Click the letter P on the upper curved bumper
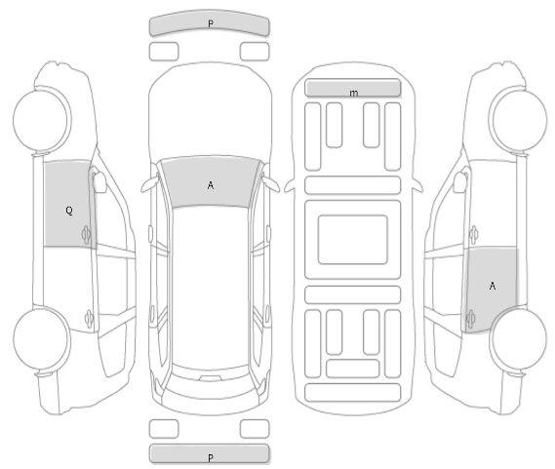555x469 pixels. pyautogui.click(x=211, y=23)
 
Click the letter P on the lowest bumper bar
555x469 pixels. pyautogui.click(x=211, y=458)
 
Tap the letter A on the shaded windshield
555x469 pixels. pyautogui.click(x=211, y=185)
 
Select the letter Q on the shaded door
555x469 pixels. pyautogui.click(x=69, y=211)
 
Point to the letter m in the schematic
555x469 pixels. pyautogui.click(x=354, y=93)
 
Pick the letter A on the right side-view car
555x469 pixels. pyautogui.click(x=492, y=286)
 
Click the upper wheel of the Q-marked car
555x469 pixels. pyautogui.click(x=42, y=120)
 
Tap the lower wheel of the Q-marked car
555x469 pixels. pyautogui.click(x=42, y=338)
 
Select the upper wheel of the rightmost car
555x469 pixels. pyautogui.click(x=518, y=120)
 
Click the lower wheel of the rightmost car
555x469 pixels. pyautogui.click(x=518, y=338)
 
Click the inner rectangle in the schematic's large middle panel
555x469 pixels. pyautogui.click(x=352, y=240)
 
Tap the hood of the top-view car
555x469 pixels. pyautogui.click(x=211, y=110)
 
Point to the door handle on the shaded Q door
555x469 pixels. pyautogui.click(x=86, y=234)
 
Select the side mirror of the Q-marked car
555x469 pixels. pyautogui.click(x=99, y=182)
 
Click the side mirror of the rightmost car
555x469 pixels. pyautogui.click(x=460, y=182)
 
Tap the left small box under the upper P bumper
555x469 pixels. pyautogui.click(x=164, y=52)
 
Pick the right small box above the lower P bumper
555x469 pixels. pyautogui.click(x=255, y=429)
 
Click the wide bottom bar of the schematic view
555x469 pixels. pyautogui.click(x=352, y=393)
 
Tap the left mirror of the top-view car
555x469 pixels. pyautogui.click(x=149, y=183)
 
